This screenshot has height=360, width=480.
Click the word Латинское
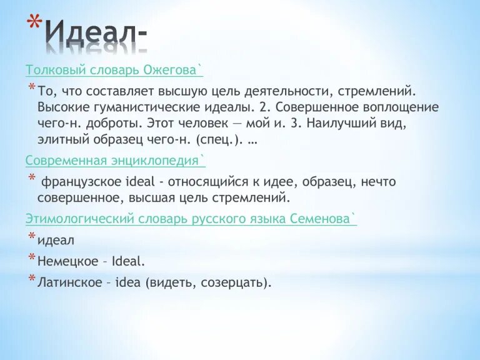(69, 282)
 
